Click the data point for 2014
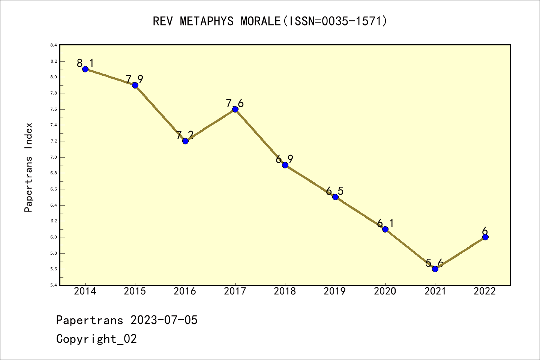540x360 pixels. [x=85, y=69]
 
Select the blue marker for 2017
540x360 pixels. [x=235, y=109]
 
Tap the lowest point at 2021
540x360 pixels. [x=435, y=269]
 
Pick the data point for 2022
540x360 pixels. [x=485, y=237]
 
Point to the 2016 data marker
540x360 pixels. [x=185, y=141]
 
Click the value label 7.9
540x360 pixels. [x=134, y=79]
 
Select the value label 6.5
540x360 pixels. [x=334, y=191]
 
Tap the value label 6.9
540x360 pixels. [x=284, y=159]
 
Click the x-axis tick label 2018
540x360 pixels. [x=285, y=291]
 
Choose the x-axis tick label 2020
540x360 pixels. [x=385, y=291]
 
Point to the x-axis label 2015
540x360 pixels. [x=135, y=291]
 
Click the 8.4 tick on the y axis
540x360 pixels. [x=54, y=45]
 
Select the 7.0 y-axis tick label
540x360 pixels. [x=54, y=157]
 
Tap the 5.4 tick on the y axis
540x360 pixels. [x=54, y=285]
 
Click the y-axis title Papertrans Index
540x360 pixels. [x=28, y=167]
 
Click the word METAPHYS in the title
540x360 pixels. [x=207, y=21]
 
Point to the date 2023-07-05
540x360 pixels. [x=164, y=320]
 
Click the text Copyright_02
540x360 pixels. [x=96, y=339]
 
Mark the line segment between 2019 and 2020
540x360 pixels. [x=360, y=213]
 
